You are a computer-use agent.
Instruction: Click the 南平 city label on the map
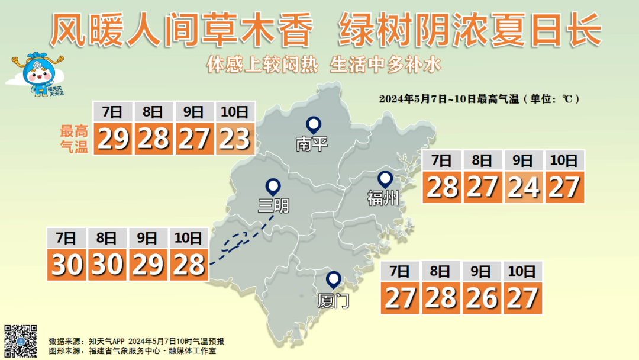tap(312, 144)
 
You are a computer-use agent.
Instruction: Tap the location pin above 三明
tap(273, 187)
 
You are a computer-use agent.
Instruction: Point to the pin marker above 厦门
tap(334, 279)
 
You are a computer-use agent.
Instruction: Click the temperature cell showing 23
tap(235, 139)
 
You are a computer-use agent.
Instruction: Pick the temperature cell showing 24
tap(524, 187)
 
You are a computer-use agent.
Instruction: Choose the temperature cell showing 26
tap(482, 298)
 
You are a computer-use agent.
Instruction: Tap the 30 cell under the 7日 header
tap(66, 264)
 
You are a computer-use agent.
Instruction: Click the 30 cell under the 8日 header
tap(107, 264)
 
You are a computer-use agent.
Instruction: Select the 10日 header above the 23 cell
tap(235, 111)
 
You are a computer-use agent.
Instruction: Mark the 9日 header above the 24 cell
tap(524, 160)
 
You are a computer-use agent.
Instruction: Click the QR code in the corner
tap(21, 340)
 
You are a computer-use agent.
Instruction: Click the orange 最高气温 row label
tap(74, 139)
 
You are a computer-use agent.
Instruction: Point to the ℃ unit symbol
tap(567, 99)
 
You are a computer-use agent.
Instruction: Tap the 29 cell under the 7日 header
tap(113, 139)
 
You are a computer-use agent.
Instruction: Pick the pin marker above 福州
tap(386, 179)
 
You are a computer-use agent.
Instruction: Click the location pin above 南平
tap(313, 124)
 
